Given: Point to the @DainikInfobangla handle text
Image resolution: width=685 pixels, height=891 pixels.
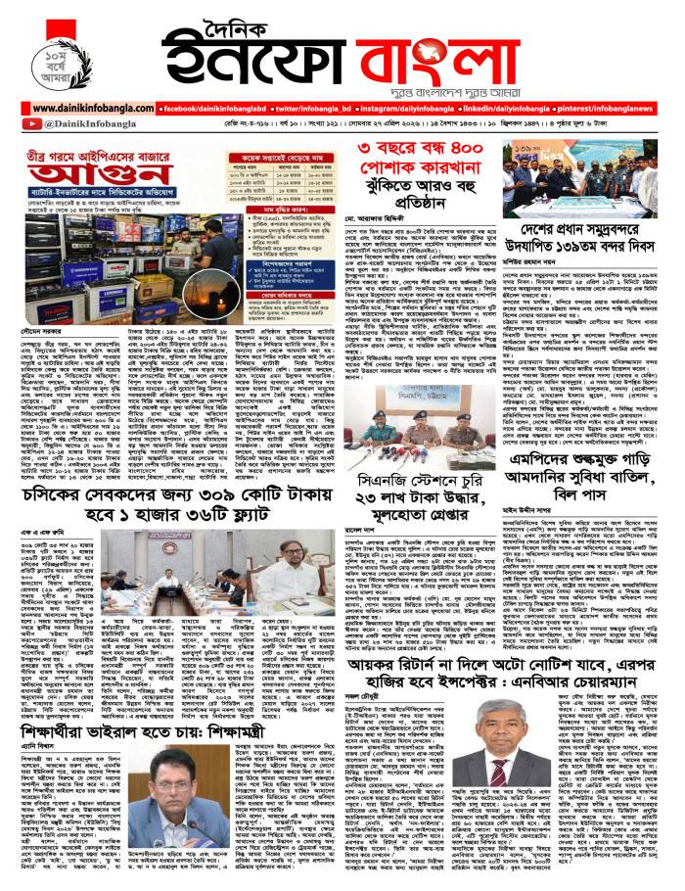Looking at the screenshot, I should click(72, 124).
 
